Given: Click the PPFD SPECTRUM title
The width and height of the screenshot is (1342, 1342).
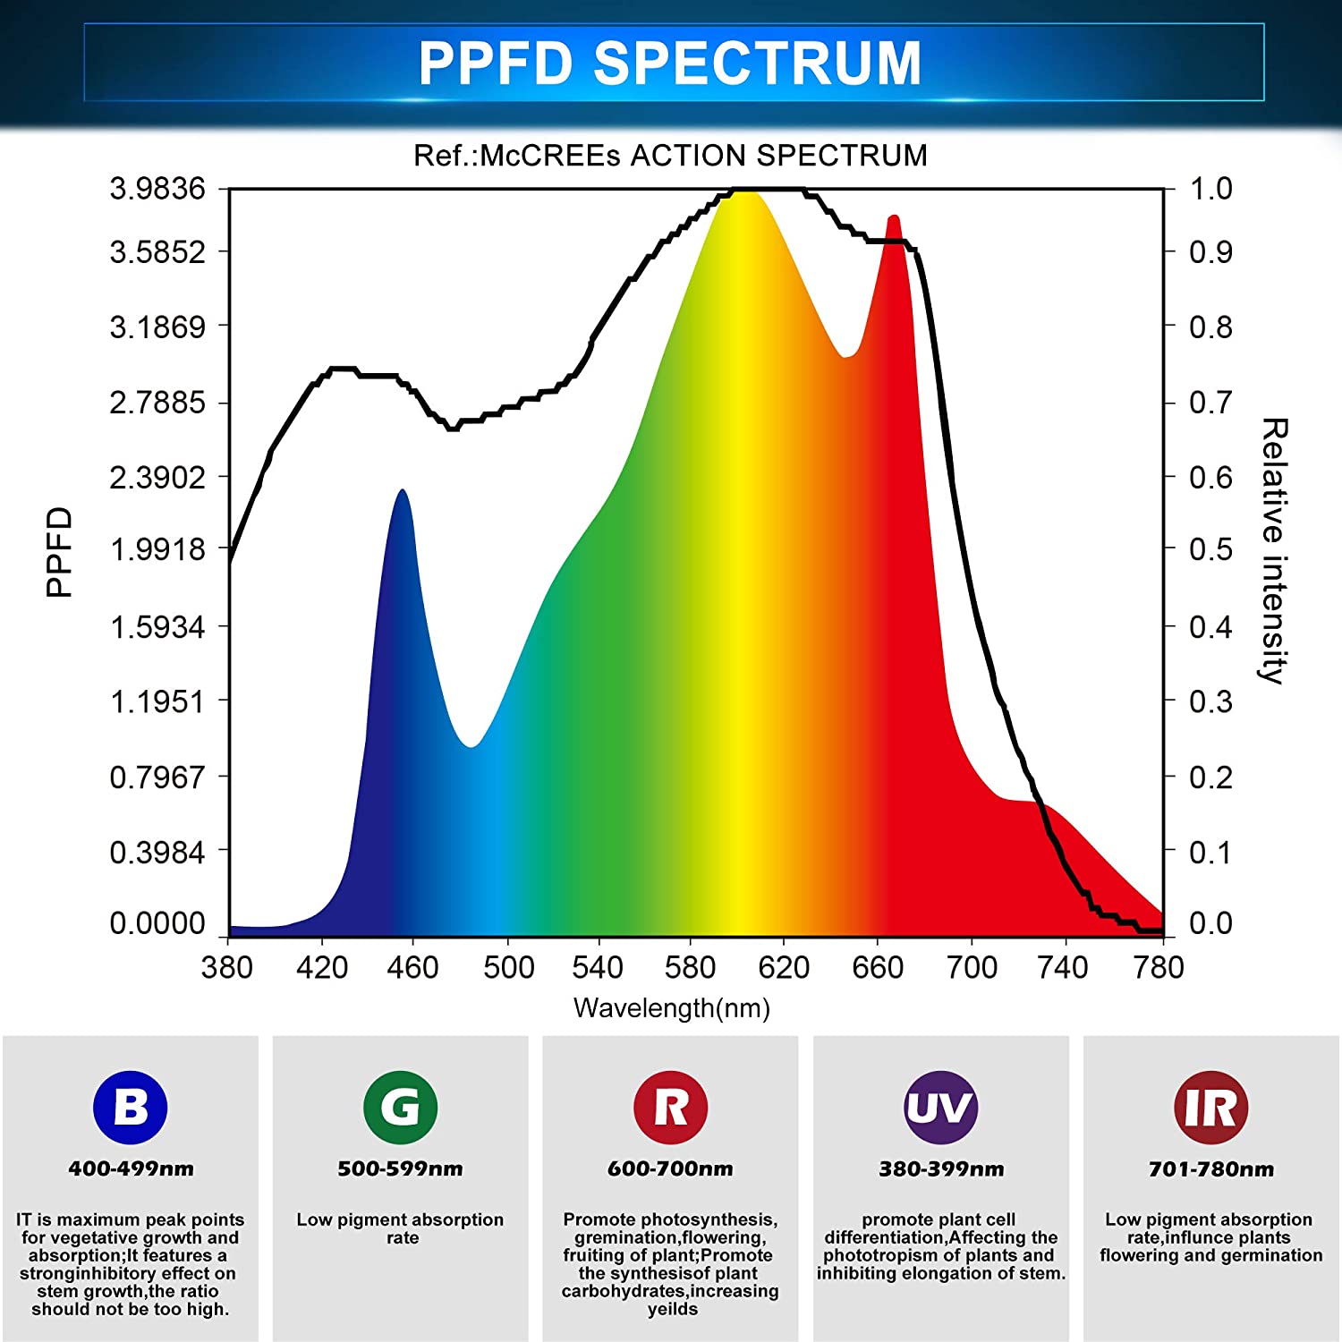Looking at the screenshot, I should [670, 63].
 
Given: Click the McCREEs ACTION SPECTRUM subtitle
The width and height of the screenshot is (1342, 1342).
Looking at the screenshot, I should [670, 156].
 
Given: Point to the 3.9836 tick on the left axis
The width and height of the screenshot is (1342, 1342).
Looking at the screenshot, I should [157, 189].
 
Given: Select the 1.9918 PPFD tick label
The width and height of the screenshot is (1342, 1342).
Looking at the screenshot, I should [157, 549].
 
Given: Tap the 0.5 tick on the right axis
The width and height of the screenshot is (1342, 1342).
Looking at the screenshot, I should [1210, 549].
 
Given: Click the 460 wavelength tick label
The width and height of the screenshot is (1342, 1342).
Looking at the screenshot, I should [412, 967].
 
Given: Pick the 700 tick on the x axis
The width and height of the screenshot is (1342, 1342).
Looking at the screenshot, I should [972, 967].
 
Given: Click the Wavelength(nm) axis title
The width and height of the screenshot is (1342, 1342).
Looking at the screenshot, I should [671, 1008].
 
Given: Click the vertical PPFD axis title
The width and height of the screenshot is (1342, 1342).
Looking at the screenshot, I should [59, 551].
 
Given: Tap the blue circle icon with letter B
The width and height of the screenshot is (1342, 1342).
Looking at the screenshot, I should [131, 1108].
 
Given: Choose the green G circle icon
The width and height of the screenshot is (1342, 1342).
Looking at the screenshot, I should [401, 1108].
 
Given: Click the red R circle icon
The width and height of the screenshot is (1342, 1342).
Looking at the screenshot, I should [671, 1108].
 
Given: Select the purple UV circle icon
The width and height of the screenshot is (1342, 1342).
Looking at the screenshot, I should [940, 1108].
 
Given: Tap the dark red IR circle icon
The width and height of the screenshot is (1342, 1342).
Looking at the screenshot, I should [1210, 1108].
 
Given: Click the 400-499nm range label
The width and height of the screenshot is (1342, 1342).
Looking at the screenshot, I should [131, 1168].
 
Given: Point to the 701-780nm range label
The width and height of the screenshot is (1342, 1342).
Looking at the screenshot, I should [1210, 1168].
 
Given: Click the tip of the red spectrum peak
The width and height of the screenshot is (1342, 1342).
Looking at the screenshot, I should [893, 217].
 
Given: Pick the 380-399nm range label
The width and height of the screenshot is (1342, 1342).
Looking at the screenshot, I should [940, 1168].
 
